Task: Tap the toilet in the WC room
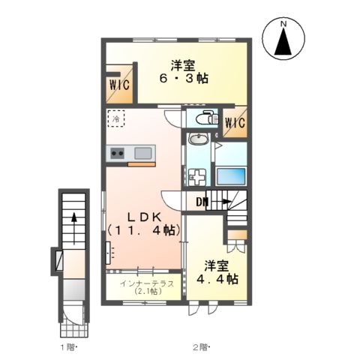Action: tap(208, 118)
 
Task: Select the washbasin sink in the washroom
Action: tap(199, 138)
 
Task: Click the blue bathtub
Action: tap(231, 176)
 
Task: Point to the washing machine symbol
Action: tap(197, 177)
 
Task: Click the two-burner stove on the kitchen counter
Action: tap(117, 153)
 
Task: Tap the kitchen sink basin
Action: tap(143, 153)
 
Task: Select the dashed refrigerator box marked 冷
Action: tap(116, 118)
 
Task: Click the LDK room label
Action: tap(145, 217)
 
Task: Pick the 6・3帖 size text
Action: tap(184, 79)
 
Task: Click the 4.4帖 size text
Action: tap(217, 279)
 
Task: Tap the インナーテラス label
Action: tap(147, 283)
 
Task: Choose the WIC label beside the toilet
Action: tap(235, 123)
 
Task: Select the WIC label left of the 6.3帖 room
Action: tap(119, 85)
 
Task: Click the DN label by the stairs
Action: tap(202, 202)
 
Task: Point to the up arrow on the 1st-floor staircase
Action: tap(74, 228)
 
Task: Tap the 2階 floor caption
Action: tap(200, 347)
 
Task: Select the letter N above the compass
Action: tap(283, 24)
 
